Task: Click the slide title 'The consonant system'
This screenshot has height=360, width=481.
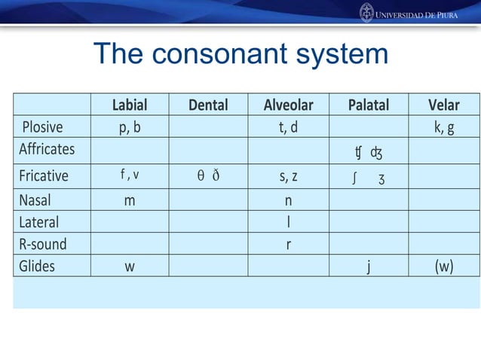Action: click(240, 54)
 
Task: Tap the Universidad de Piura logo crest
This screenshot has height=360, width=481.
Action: click(366, 13)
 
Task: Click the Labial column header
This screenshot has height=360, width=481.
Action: click(130, 105)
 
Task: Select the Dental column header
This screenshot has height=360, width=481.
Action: click(208, 105)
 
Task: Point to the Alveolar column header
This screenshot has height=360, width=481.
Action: click(288, 105)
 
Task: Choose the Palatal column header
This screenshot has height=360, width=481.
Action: click(368, 105)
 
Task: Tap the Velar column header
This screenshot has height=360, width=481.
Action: click(443, 105)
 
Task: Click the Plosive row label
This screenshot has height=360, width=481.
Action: click(42, 127)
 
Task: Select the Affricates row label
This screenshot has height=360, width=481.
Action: click(47, 148)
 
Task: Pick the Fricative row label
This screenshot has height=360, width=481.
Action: click(44, 175)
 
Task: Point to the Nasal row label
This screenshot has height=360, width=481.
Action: click(35, 202)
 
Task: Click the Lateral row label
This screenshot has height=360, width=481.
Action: click(38, 223)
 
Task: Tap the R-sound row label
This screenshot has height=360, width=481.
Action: click(43, 244)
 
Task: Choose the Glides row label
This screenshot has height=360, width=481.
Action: click(37, 266)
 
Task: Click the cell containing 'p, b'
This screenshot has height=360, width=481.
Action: click(130, 127)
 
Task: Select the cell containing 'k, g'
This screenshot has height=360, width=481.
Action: click(443, 127)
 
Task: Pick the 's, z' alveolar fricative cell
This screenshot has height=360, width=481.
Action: click(288, 175)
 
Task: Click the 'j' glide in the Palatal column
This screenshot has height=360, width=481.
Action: click(368, 266)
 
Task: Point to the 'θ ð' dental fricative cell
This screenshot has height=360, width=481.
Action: click(208, 175)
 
